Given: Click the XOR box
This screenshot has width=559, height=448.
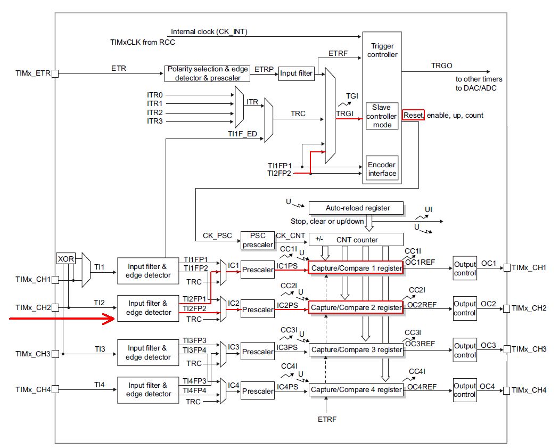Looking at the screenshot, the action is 66,258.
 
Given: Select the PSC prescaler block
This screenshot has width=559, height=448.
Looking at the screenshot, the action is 257,240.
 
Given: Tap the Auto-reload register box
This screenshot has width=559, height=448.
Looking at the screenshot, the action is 356,208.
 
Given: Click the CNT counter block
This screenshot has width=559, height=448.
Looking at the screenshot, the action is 356,240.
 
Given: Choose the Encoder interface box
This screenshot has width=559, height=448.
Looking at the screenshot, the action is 382,169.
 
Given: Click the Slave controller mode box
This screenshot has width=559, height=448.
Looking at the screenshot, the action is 382,116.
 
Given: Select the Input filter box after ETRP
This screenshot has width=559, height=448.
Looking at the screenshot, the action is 296,74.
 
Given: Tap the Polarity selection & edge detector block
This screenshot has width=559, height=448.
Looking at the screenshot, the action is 207,74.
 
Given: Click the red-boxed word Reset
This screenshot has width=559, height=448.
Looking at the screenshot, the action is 413,115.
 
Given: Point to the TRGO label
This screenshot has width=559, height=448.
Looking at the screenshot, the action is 441,66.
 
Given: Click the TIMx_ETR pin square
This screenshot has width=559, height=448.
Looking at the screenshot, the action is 55,74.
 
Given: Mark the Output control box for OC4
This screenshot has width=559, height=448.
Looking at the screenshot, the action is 465,390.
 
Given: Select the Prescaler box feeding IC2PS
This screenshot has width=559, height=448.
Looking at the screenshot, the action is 258,309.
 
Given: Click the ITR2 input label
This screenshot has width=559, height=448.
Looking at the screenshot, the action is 155,112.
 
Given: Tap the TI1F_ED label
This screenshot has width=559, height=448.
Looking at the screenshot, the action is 242,134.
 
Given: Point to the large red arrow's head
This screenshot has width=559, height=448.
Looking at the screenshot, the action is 113,319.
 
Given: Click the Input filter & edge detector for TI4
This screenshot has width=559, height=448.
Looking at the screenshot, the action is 148,390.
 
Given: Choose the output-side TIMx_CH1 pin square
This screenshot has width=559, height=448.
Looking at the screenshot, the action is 507,267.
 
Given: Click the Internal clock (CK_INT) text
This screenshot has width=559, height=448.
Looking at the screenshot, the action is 209,32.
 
